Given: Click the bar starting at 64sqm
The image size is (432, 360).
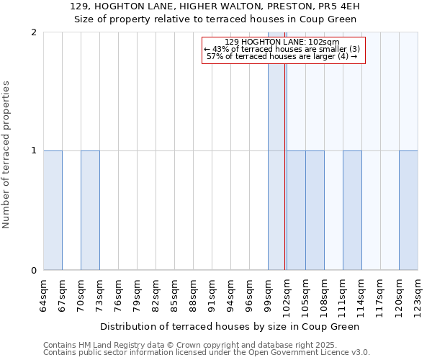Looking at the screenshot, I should (53, 210).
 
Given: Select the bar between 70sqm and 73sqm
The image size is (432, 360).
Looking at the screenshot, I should (90, 210).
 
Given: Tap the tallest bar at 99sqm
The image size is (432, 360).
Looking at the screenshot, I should (276, 151).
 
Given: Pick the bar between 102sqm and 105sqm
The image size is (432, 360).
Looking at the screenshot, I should (296, 210).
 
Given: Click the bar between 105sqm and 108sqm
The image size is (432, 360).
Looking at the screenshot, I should (315, 210).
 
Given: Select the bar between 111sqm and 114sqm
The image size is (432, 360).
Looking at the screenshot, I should (352, 210).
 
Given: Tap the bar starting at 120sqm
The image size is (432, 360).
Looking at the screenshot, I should (408, 210).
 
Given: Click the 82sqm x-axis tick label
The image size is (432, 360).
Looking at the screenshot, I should (156, 295).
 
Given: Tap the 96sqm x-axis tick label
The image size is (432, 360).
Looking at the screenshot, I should (249, 295).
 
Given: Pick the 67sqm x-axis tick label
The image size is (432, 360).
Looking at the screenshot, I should (62, 295).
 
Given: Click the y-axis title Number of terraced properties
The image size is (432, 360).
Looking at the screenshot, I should (7, 155).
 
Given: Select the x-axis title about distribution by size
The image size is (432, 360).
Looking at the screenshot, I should (229, 326).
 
